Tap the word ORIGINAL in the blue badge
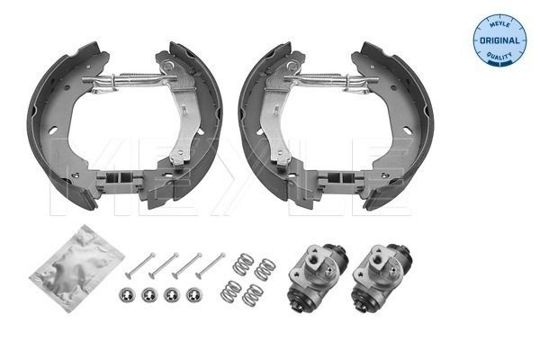pos(499,40)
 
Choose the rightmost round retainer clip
pos(192,295)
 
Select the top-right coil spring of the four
pos(265,268)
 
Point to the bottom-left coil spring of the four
pos(232,291)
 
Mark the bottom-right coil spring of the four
pos(255,293)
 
